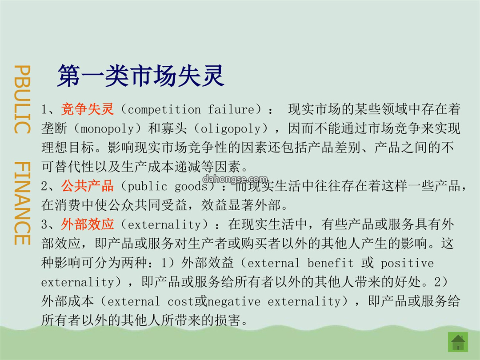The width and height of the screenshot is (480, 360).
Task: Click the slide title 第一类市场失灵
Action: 141,76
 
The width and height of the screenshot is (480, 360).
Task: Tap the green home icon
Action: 458,342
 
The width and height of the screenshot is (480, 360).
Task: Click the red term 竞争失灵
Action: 88,109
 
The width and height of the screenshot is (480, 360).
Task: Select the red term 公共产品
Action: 88,186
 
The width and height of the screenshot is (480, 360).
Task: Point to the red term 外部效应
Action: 88,224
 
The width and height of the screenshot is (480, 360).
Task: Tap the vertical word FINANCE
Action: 22,203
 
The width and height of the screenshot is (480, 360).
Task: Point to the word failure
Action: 232,109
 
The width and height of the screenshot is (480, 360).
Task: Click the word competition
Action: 164,109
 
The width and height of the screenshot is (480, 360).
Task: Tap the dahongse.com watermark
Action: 235,179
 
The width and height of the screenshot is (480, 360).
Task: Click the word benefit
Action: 330,263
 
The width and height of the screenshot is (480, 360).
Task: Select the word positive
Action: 407,263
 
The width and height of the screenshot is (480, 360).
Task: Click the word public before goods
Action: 147,187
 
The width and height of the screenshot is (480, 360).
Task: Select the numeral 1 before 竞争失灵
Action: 44,110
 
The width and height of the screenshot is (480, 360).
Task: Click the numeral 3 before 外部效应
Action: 44,225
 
